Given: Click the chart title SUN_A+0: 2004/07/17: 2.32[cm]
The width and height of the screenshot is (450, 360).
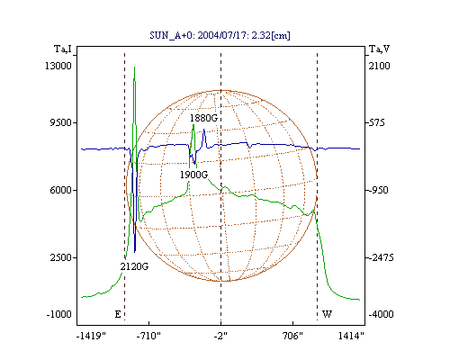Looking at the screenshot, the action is pos(220,35).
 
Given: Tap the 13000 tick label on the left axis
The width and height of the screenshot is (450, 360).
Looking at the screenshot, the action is pos(58,66).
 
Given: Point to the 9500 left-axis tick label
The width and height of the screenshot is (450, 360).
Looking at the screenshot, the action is pos(60,122).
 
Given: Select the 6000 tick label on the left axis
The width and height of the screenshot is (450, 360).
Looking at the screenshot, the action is pos(60,190).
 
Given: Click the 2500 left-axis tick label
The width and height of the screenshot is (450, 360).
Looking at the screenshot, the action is pos(60,257).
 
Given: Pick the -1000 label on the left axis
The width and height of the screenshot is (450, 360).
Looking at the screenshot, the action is pos(58,314).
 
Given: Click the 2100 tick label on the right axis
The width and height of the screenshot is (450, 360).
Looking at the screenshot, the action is pos(379,66).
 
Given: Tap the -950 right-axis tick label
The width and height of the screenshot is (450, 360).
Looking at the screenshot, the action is pos(378,190).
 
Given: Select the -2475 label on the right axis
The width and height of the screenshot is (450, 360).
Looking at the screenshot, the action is pos(381,257).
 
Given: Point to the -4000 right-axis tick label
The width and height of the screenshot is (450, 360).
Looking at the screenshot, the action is pos(381,314).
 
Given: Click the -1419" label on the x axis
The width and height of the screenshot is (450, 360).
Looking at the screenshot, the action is pos(92,336).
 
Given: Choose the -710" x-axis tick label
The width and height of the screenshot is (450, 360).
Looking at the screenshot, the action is pos(148,336).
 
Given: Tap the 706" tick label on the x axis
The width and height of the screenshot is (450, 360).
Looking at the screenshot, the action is pos(292,336).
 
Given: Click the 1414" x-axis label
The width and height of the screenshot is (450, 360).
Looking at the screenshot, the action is pos(351,336).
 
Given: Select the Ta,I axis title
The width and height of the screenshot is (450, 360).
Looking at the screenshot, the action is pos(63,49).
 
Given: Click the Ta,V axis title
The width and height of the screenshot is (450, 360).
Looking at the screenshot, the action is pos(380,49).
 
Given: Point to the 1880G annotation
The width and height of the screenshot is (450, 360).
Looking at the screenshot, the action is pos(203,118).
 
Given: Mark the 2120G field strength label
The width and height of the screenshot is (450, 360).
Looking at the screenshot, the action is pos(134,266).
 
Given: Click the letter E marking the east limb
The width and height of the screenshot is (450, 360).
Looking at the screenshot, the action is pos(118,314).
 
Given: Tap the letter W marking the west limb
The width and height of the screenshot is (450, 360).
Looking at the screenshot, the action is pos(327,314).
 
